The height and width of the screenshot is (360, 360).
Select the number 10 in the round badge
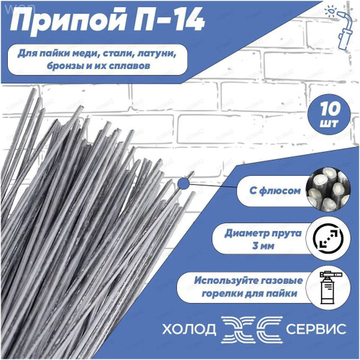[330, 109]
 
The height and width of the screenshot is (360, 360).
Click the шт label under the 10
[330, 123]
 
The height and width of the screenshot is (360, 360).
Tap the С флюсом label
[275, 191]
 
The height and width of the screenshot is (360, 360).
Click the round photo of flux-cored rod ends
[328, 189]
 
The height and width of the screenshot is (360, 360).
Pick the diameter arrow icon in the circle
[328, 238]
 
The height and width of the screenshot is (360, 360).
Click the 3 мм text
[263, 246]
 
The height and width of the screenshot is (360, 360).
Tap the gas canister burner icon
[329, 287]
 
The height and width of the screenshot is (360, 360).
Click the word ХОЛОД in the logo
[189, 329]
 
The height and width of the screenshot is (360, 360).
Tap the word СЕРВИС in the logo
[316, 329]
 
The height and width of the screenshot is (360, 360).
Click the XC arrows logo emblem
[251, 329]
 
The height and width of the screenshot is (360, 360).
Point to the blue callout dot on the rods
[184, 184]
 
